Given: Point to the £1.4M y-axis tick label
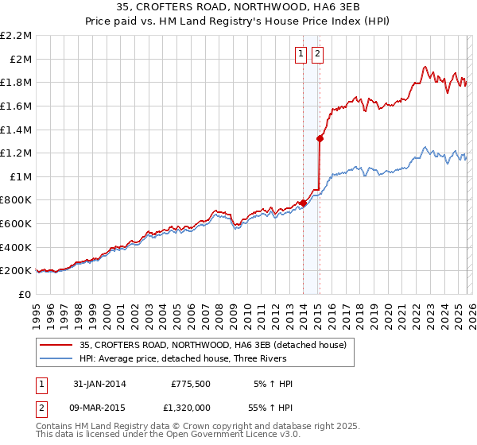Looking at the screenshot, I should pyautogui.click(x=17, y=130).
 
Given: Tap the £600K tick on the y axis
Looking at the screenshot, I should pyautogui.click(x=17, y=224).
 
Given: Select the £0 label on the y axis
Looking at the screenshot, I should pyautogui.click(x=25, y=294).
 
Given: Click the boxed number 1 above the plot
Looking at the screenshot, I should pyautogui.click(x=302, y=54).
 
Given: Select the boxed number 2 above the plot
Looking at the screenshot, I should pyautogui.click(x=318, y=54).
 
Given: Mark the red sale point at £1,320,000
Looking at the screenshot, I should pyautogui.click(x=320, y=138).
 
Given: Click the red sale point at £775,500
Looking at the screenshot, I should pyautogui.click(x=304, y=203).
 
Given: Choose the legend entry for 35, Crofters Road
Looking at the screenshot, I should pyautogui.click(x=212, y=346).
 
